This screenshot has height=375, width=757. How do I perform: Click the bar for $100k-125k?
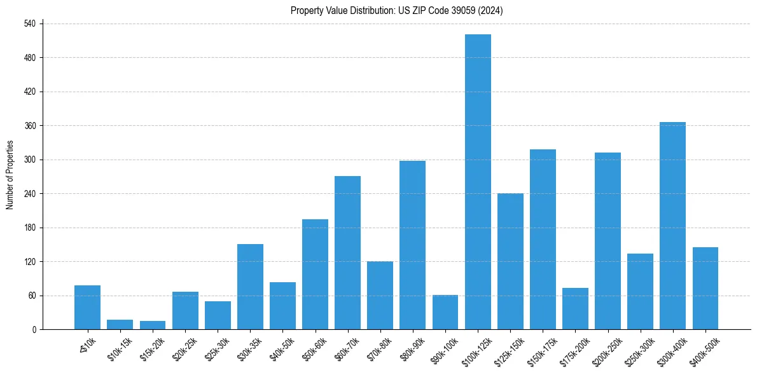pos(478,182)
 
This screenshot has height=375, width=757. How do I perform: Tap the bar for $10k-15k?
pos(120,325)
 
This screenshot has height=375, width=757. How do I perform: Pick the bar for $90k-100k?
pos(445,312)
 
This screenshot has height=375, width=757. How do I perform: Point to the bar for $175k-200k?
pos(575,309)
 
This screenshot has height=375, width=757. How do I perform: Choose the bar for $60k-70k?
pos(347,253)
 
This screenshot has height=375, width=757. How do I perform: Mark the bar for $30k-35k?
pos(250,287)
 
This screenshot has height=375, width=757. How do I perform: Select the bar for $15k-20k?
pos(153,325)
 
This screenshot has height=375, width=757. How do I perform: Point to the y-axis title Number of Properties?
pos(10,175)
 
